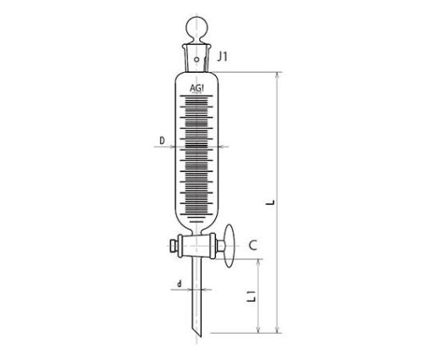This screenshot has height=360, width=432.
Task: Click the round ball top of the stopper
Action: pos(197,29)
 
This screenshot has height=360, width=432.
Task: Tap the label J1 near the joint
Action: pos(222,57)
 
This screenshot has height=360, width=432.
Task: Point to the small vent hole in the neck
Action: pos(197,59)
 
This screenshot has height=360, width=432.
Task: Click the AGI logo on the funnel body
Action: pos(197,88)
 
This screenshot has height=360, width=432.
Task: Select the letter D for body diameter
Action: pos(162,141)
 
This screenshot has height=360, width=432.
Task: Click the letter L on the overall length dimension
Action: pos(271,202)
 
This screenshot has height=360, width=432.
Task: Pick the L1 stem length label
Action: pos(252,296)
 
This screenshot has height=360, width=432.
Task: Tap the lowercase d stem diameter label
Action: pos(180,284)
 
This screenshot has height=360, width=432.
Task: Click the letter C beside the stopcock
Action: pos(253,246)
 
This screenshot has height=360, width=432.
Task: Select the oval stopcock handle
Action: pos(230,246)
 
